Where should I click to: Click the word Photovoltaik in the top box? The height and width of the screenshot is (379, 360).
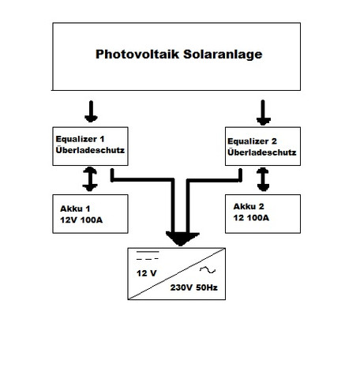(137, 54)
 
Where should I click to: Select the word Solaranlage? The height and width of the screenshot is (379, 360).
(223, 54)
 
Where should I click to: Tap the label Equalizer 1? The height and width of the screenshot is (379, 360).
(80, 139)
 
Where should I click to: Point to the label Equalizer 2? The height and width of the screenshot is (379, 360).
(252, 141)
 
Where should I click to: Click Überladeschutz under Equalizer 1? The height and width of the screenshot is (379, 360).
(90, 150)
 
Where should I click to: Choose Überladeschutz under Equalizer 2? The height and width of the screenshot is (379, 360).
(262, 152)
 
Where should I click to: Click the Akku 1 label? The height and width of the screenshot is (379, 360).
(75, 208)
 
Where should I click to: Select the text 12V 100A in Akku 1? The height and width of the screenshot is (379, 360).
(81, 220)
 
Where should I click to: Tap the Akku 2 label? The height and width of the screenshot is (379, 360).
(249, 207)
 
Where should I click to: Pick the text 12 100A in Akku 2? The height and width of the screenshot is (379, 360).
(251, 218)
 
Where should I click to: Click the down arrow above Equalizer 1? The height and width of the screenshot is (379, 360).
(91, 111)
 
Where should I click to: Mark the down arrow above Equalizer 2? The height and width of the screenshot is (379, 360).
(263, 113)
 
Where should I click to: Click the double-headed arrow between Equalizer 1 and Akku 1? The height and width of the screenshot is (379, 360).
(90, 179)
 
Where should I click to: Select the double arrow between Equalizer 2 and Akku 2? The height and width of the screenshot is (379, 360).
(263, 179)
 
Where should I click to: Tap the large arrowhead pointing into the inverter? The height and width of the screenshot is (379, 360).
(182, 239)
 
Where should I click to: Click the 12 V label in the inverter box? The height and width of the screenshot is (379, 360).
(146, 273)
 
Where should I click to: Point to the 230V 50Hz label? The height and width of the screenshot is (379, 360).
(194, 287)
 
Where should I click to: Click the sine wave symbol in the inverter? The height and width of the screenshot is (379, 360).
(208, 270)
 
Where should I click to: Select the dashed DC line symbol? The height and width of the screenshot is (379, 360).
(148, 259)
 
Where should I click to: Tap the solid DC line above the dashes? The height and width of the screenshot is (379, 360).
(148, 252)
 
